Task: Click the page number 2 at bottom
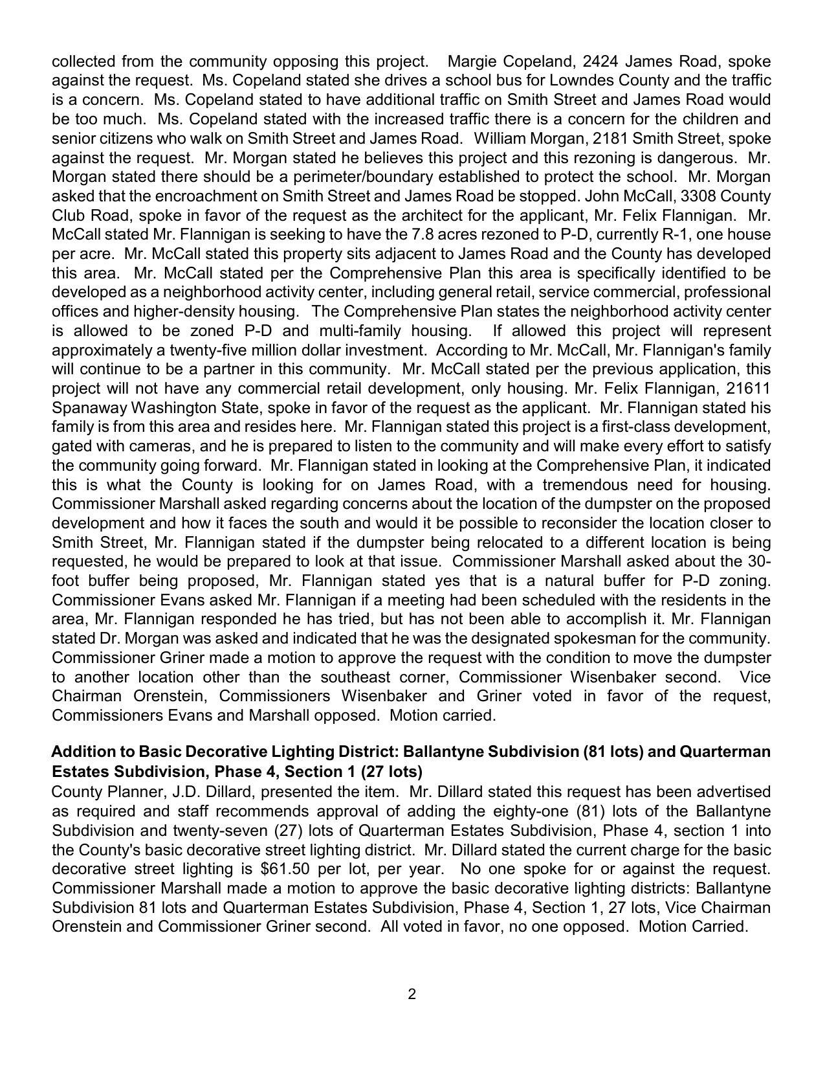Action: [412, 995]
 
